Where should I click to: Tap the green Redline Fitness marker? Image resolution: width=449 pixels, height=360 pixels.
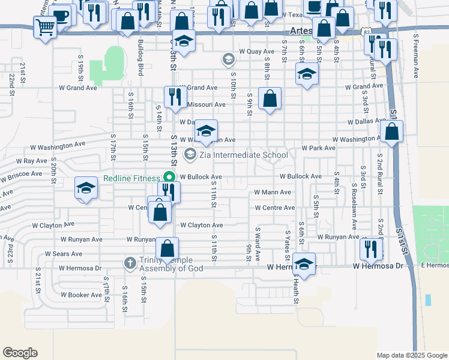click(x=169, y=178)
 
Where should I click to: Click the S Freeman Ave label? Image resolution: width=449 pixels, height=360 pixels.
click(x=415, y=56)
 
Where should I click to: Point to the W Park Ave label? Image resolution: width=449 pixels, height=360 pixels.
click(x=318, y=148)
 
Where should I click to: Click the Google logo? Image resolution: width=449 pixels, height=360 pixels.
click(x=20, y=353)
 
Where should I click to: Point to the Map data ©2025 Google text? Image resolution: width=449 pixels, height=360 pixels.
click(x=411, y=355)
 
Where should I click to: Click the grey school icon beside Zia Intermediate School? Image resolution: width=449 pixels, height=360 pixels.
click(x=190, y=155)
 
